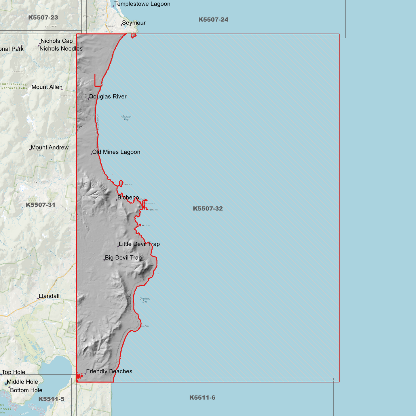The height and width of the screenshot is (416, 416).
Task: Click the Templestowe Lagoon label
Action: (x=142, y=4)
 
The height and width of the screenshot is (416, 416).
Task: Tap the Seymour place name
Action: (x=134, y=23)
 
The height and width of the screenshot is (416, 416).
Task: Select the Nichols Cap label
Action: (x=57, y=41)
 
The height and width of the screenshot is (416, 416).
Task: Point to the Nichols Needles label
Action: (x=61, y=49)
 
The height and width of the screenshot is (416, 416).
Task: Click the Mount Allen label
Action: (x=47, y=87)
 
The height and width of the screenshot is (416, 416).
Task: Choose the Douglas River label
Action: (x=108, y=97)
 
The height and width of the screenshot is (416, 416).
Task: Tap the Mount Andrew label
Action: (x=50, y=148)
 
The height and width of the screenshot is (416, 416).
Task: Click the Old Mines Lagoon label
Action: (x=116, y=152)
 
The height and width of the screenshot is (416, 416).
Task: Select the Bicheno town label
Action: (x=128, y=198)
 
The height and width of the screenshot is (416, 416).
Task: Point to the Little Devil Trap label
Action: (x=139, y=244)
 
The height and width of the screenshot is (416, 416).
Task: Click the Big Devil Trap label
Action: (x=123, y=258)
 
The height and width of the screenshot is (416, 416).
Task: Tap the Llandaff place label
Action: (x=49, y=296)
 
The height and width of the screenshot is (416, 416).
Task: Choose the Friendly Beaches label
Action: (x=109, y=372)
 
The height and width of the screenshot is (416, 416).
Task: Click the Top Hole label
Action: (x=14, y=373)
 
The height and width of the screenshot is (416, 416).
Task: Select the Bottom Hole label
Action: (x=26, y=390)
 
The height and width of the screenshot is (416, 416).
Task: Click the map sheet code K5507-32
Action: (x=208, y=209)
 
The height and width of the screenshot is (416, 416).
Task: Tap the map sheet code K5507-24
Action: (x=213, y=20)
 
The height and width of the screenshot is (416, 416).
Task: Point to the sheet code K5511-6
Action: (x=202, y=398)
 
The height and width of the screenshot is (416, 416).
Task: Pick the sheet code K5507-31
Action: (x=41, y=205)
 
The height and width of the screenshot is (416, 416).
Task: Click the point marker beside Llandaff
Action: (x=38, y=299)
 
